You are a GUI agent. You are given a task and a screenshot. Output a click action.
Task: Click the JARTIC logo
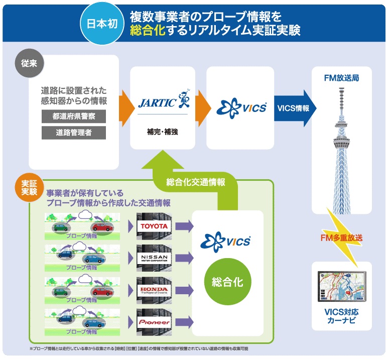pos(163,102)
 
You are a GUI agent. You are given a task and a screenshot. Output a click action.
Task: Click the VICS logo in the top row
pos(240,108)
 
